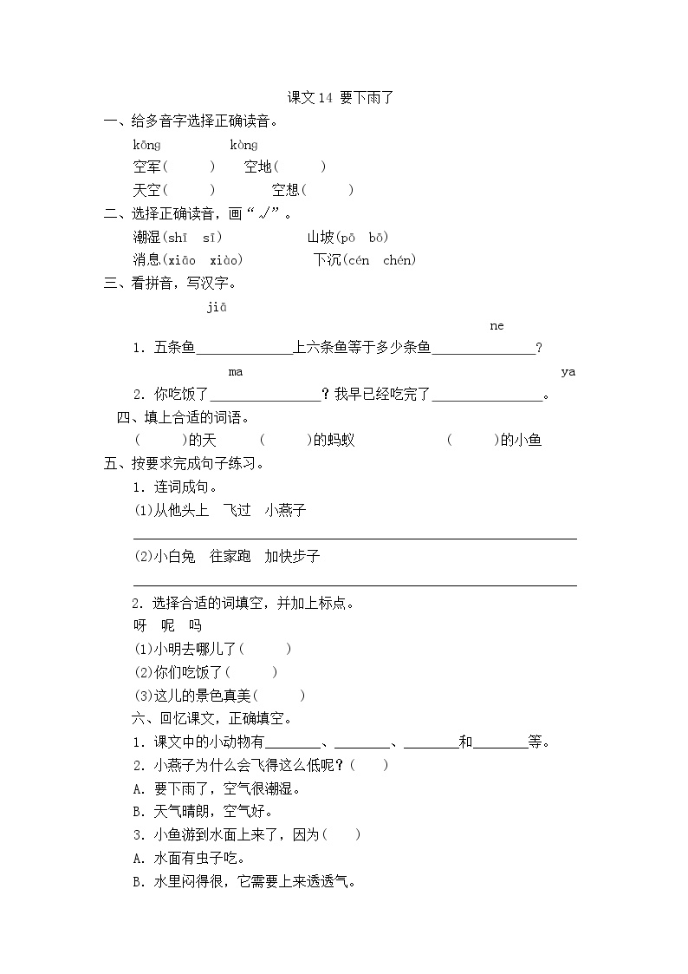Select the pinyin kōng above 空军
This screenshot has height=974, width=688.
click(x=146, y=145)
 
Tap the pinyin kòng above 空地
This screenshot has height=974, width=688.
click(x=243, y=145)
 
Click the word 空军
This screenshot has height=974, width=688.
click(x=147, y=167)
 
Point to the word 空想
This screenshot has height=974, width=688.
click(x=286, y=190)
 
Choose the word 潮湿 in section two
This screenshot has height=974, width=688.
click(x=146, y=237)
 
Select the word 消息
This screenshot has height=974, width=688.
click(x=146, y=259)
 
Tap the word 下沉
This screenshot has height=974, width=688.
click(x=327, y=259)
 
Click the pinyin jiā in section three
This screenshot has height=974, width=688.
click(x=216, y=306)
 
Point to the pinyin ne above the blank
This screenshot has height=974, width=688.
click(x=497, y=326)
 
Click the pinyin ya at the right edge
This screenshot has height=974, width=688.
click(x=568, y=372)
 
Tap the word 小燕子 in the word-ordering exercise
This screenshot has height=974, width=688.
click(x=286, y=510)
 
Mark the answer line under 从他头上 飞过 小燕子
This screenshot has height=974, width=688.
click(x=354, y=538)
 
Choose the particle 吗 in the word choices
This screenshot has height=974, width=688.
click(x=195, y=625)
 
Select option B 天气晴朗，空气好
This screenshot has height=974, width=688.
click(x=203, y=812)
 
